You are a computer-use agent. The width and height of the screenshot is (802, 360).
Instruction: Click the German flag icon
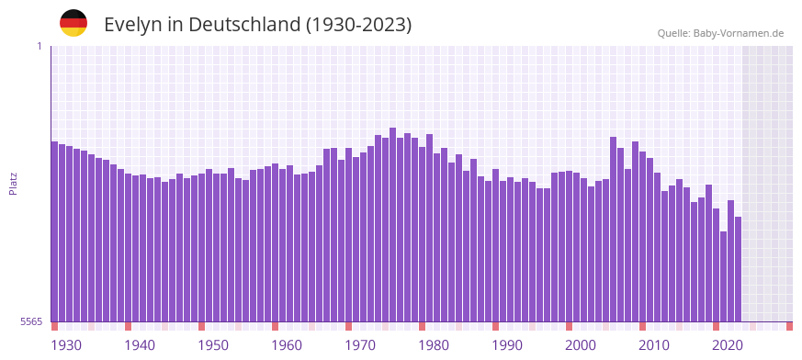click(x=73, y=23)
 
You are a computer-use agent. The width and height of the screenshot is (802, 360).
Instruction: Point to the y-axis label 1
click(x=39, y=46)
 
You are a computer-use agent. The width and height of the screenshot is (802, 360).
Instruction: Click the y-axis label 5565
click(x=30, y=321)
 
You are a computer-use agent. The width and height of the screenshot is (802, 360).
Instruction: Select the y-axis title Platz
click(x=13, y=184)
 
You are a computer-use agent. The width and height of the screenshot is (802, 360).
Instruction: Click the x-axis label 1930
click(x=66, y=345)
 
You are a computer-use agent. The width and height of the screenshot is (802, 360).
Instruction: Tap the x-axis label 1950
click(x=213, y=345)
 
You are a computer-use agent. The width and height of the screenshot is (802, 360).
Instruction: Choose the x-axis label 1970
click(x=360, y=345)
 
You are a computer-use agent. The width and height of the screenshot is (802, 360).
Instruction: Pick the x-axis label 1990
click(x=507, y=345)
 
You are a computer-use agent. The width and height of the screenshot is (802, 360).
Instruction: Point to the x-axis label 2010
click(x=654, y=345)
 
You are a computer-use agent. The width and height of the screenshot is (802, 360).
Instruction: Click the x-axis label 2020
click(x=728, y=345)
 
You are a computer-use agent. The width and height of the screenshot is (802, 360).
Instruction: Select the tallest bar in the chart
click(x=393, y=225)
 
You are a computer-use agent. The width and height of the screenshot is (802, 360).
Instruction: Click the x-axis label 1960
click(x=287, y=345)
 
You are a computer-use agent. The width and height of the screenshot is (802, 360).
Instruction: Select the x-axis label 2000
click(x=581, y=345)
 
